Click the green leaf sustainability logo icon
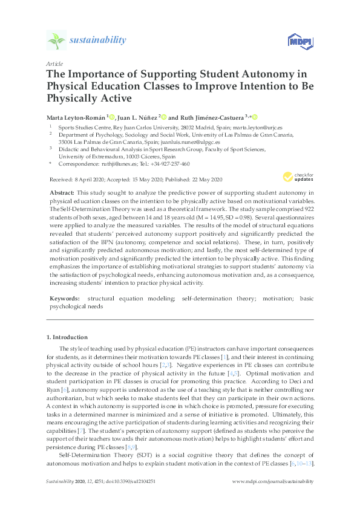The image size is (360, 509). [57, 41]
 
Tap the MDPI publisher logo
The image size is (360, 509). [298, 41]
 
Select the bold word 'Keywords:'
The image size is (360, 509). [64, 299]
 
